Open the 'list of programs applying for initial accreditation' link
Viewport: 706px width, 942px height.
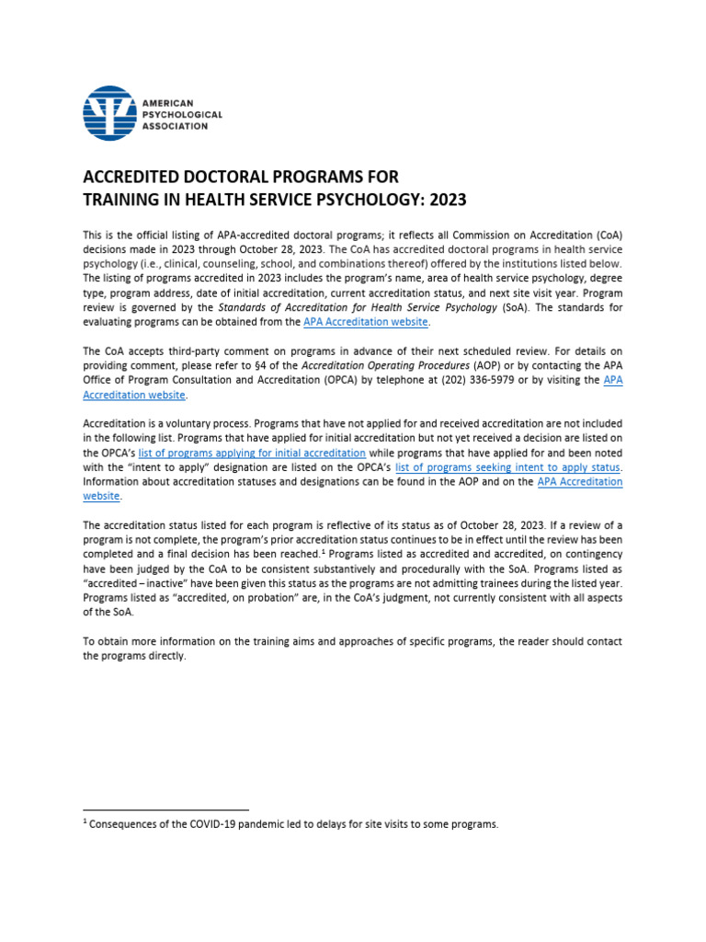click(x=252, y=454)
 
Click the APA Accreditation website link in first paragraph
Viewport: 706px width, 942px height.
click(x=366, y=322)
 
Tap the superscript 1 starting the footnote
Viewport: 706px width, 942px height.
click(x=85, y=822)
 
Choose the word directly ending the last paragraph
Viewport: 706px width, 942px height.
click(x=165, y=657)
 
